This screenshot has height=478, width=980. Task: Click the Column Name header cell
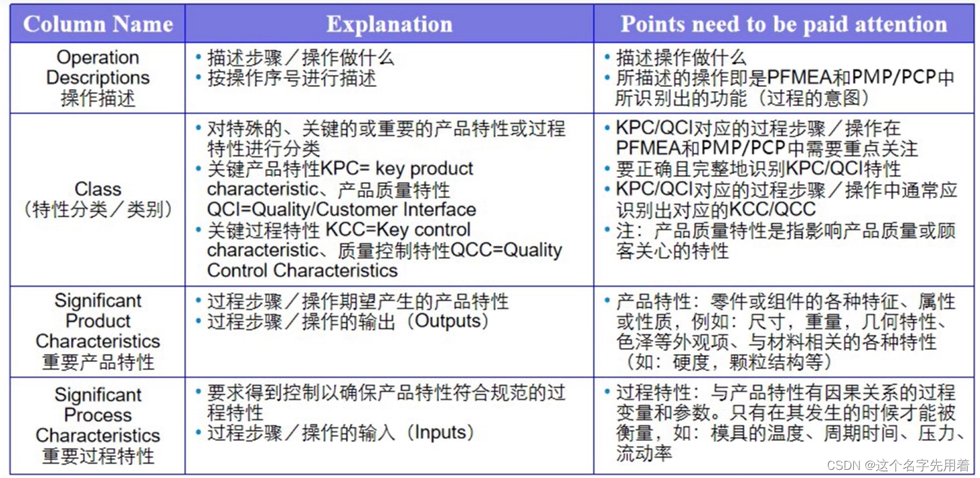coord(98,24)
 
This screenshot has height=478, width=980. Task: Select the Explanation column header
coord(389,24)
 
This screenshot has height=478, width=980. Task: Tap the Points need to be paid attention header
coord(784,24)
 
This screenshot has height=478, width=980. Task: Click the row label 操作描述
coord(98,98)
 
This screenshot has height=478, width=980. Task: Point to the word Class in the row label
coord(98,189)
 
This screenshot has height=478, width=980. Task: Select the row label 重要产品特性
coord(98,362)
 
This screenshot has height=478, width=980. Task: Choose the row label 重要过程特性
coord(98,456)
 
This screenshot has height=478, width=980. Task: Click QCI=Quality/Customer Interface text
coord(341,210)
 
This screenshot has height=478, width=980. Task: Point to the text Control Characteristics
coord(302,270)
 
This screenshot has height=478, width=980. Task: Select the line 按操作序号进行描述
coord(291,78)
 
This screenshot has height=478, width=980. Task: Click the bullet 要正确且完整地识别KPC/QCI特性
coord(758,169)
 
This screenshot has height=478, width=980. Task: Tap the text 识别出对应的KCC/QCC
coord(716,209)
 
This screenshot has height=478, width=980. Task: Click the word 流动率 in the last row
coord(644,453)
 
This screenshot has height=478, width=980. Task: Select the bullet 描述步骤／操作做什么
coord(300,58)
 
